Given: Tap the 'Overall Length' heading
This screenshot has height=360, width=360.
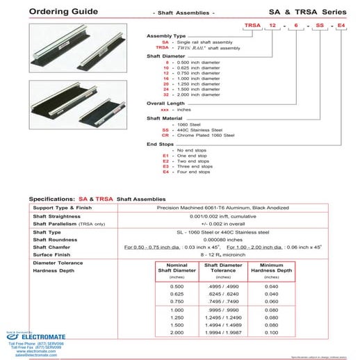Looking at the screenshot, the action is point(165,103).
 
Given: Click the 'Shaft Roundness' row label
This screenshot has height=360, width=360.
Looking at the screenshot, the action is point(59,238).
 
